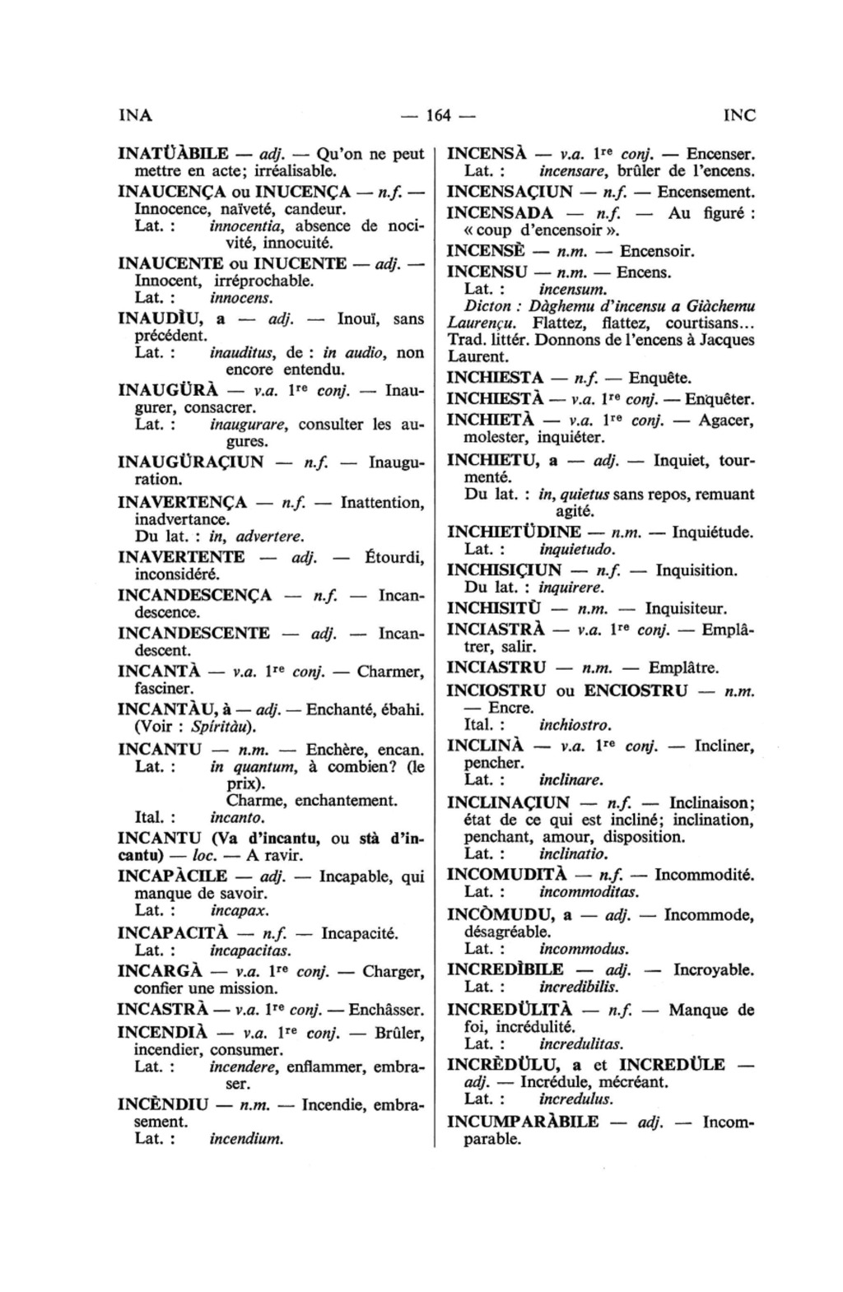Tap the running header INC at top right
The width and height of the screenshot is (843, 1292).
coord(739,116)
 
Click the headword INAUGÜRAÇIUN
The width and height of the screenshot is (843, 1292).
coord(191,462)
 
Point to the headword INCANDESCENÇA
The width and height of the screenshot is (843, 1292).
coord(195,595)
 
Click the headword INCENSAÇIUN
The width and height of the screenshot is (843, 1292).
coord(510,193)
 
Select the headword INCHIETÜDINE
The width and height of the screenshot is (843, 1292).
coord(514,532)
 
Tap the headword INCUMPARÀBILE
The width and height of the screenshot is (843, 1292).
coord(523,1122)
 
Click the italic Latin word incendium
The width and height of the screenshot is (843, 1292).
coord(246,1140)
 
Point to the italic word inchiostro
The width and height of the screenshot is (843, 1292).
coord(575,725)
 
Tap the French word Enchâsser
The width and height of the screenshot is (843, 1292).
coord(386,1010)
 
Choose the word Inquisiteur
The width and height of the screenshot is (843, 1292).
coord(686,609)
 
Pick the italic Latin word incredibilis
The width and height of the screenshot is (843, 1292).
coord(578,986)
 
